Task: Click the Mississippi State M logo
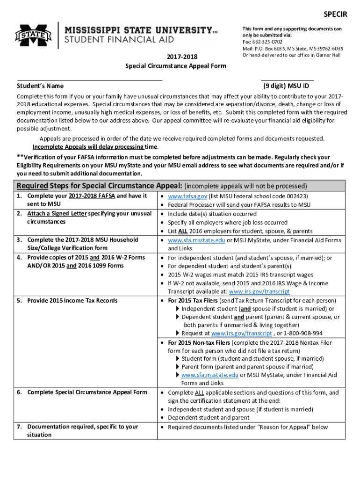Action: (33, 35)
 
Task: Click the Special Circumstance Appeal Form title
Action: (175, 65)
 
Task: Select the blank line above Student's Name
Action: (90, 80)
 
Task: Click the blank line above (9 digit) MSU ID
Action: (287, 80)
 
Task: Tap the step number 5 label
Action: (20, 300)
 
